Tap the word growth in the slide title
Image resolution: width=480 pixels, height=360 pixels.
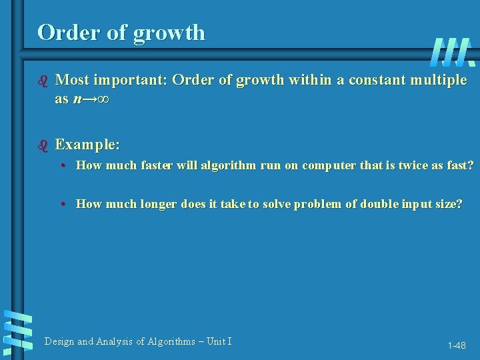tap(169, 33)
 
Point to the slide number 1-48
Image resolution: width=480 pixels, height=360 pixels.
tap(457, 345)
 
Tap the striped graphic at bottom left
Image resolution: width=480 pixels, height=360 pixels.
tap(17, 331)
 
